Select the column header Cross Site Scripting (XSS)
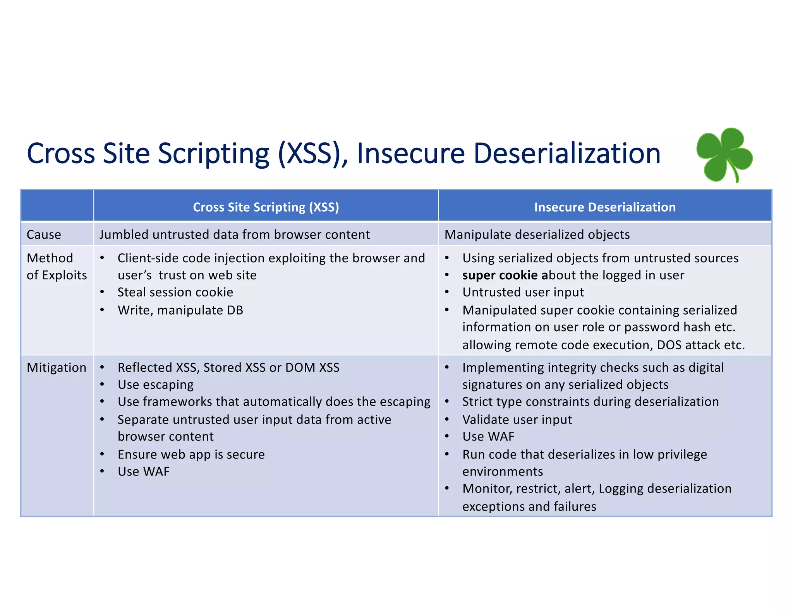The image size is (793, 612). [x=266, y=207]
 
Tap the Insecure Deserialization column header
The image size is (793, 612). [x=604, y=207]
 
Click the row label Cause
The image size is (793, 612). [x=44, y=234]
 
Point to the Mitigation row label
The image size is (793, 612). [x=57, y=368]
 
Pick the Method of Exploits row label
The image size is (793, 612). [x=57, y=267]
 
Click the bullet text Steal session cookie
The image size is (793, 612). [x=175, y=292]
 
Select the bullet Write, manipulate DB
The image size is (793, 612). [x=180, y=310]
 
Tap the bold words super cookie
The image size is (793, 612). [x=499, y=275]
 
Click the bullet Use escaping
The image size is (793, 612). [x=155, y=385]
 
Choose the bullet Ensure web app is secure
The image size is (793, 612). [x=191, y=454]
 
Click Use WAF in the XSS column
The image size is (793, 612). [x=143, y=471]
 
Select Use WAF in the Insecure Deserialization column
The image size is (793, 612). [x=488, y=436]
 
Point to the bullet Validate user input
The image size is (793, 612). [x=517, y=419]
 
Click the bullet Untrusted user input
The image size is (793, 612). [x=523, y=292]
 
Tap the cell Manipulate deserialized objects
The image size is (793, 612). [x=537, y=234]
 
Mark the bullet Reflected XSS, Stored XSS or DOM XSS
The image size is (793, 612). [x=228, y=368]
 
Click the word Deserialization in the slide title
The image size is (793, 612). [x=567, y=153]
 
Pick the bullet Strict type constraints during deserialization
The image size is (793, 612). [x=590, y=402]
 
